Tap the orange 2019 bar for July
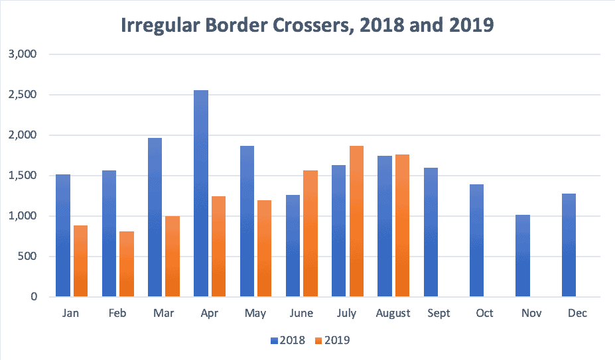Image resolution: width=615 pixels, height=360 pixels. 356,221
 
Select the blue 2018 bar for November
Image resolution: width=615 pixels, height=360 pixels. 523,256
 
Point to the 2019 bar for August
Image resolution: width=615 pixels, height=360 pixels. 402,225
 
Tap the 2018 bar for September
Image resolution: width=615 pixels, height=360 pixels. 431,232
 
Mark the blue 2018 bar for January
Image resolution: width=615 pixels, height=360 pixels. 63,235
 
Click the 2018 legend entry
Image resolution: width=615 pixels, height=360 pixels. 288,341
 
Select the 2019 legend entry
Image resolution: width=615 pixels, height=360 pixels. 332,341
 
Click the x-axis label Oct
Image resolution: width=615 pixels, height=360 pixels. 484,313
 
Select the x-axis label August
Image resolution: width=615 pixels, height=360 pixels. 393,313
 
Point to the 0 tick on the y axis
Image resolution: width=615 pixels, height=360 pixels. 33,297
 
